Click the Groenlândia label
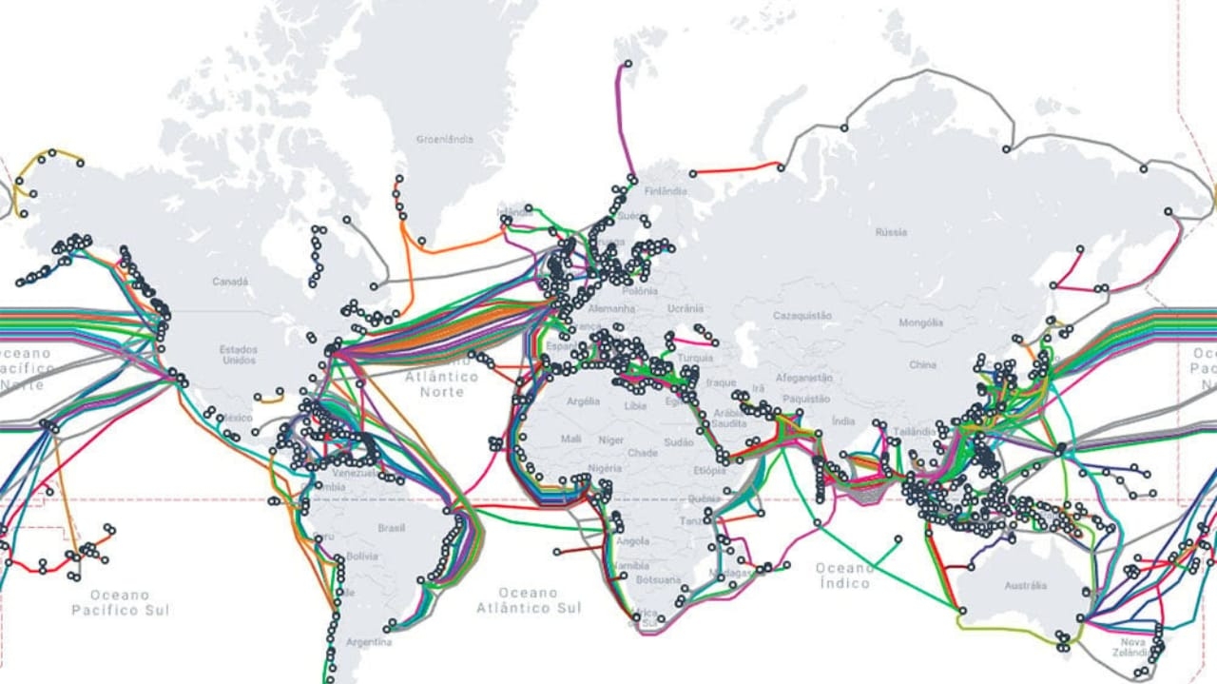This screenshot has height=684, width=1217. coord(444,140)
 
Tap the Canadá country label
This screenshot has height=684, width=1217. coord(229,282)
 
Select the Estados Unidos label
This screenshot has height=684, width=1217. coord(239,355)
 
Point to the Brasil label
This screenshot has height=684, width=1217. coord(391,527)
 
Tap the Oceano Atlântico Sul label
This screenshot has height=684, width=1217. coord(528,600)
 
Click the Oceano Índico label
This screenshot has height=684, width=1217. coord(842,576)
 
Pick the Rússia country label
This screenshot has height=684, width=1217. coord(891,232)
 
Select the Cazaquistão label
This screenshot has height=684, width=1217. coord(802,315)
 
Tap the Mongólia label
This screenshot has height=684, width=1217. coord(920,322)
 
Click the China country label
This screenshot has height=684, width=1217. coord(922,364)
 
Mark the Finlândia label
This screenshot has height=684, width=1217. coord(666,191)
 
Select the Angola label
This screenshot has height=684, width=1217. coord(633,541)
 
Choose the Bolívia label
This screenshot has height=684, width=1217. coord(362,556)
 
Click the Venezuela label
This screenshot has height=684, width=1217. coord(354,473)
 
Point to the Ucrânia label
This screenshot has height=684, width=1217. coord(685,308)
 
